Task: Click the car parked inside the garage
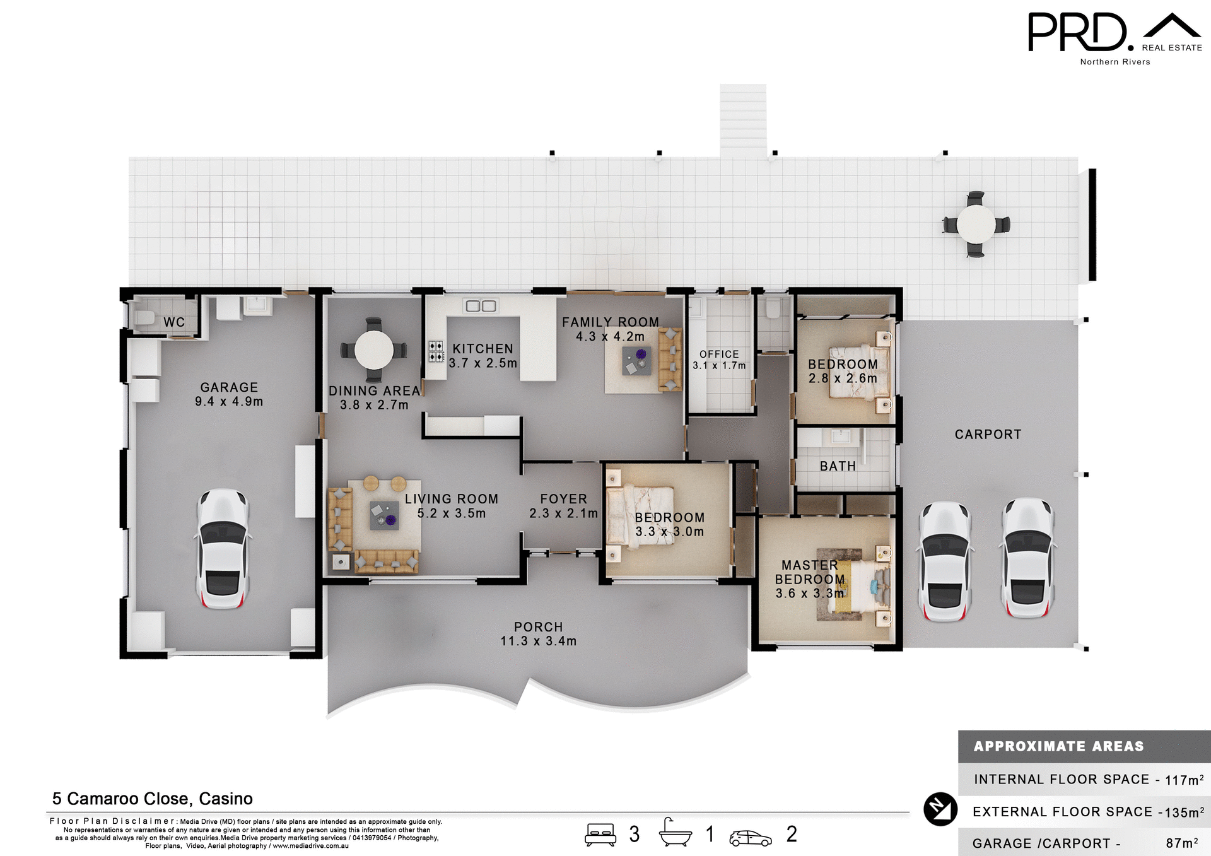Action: [x=223, y=548]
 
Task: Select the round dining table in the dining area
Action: [x=374, y=350]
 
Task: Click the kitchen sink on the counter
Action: [x=481, y=306]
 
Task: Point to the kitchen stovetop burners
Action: [x=436, y=351]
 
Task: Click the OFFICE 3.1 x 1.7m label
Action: [x=719, y=360]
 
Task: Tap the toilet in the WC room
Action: [x=144, y=317]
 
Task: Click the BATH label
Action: [x=838, y=466]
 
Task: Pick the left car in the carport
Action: [x=944, y=561]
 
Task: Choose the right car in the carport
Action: [x=1027, y=558]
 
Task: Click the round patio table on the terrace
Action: [x=975, y=224]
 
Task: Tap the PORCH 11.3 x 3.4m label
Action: [x=538, y=634]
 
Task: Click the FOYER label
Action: [x=563, y=499]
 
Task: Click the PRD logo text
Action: [x=1077, y=33]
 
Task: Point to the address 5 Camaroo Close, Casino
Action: [x=152, y=799]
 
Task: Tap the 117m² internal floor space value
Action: [x=1184, y=780]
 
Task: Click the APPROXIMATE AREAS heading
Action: [x=1058, y=746]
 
